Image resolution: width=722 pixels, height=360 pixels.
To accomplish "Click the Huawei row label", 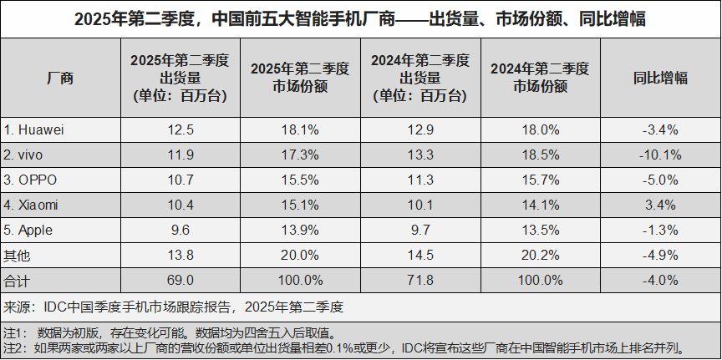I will click(x=34, y=129).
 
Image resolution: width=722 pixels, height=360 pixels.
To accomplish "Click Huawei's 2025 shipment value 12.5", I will click(x=180, y=129).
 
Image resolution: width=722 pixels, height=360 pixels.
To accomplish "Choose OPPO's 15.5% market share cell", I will click(x=300, y=180).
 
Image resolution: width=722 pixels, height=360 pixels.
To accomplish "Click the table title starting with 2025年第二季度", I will click(x=360, y=18).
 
